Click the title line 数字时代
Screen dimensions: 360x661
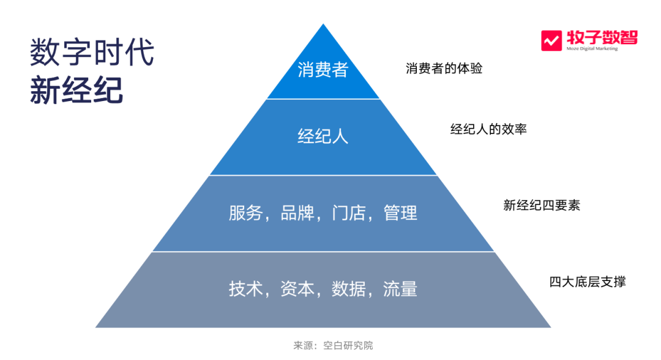tap(92, 53)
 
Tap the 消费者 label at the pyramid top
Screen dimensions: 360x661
tap(323, 70)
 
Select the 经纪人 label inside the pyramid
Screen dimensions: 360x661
tap(323, 136)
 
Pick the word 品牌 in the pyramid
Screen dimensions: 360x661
tap(297, 213)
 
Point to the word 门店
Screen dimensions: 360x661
tap(348, 213)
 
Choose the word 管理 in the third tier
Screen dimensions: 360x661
tap(400, 213)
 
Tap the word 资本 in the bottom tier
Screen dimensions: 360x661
tap(297, 289)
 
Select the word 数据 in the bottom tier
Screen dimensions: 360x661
tap(348, 289)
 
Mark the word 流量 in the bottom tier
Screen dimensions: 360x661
tap(400, 289)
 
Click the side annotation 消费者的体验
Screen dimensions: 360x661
tap(444, 69)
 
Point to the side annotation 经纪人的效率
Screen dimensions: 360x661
tap(488, 129)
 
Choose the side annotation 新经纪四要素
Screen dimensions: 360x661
tap(541, 206)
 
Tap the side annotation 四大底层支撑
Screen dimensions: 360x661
tap(587, 282)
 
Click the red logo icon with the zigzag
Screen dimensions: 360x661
tap(551, 40)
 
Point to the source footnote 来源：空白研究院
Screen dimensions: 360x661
tap(333, 346)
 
